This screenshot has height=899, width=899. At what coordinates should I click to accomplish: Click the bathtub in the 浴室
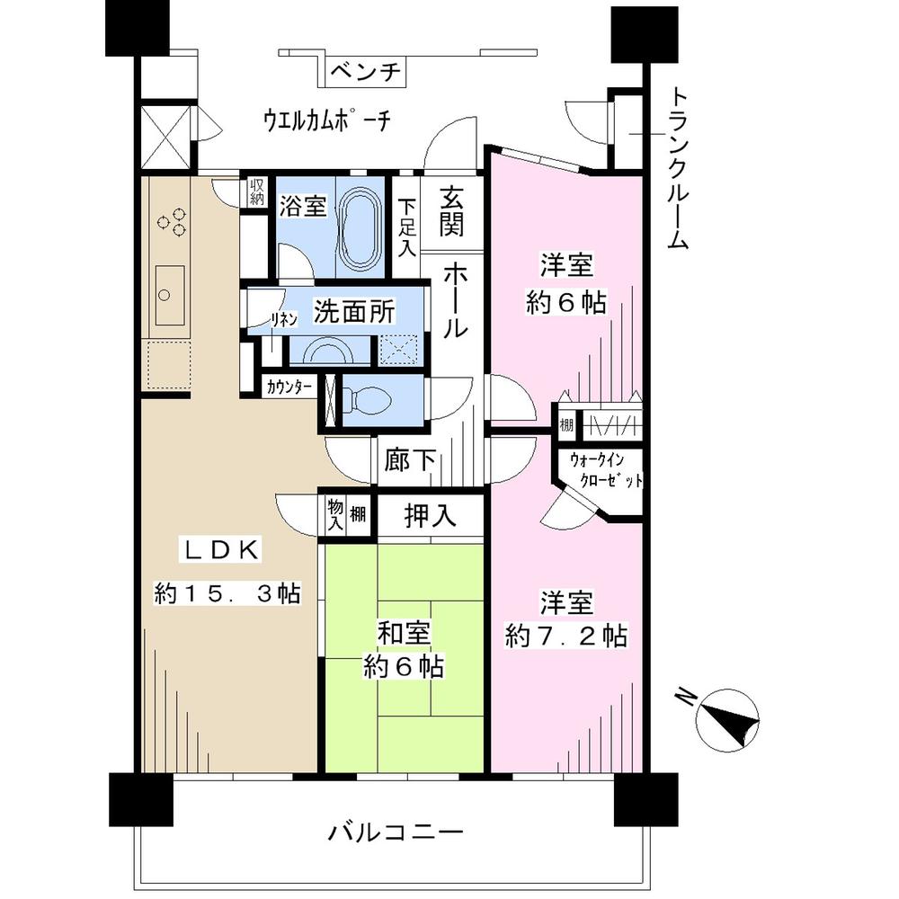(363, 231)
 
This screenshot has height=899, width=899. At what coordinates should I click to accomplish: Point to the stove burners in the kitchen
(172, 221)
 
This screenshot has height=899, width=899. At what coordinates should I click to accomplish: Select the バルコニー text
(395, 832)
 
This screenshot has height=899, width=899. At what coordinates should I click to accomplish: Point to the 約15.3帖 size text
(227, 594)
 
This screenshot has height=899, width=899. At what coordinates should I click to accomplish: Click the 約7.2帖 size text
(565, 636)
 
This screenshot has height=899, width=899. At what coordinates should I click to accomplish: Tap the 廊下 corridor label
(411, 461)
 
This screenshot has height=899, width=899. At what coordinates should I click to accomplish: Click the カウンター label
(289, 387)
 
